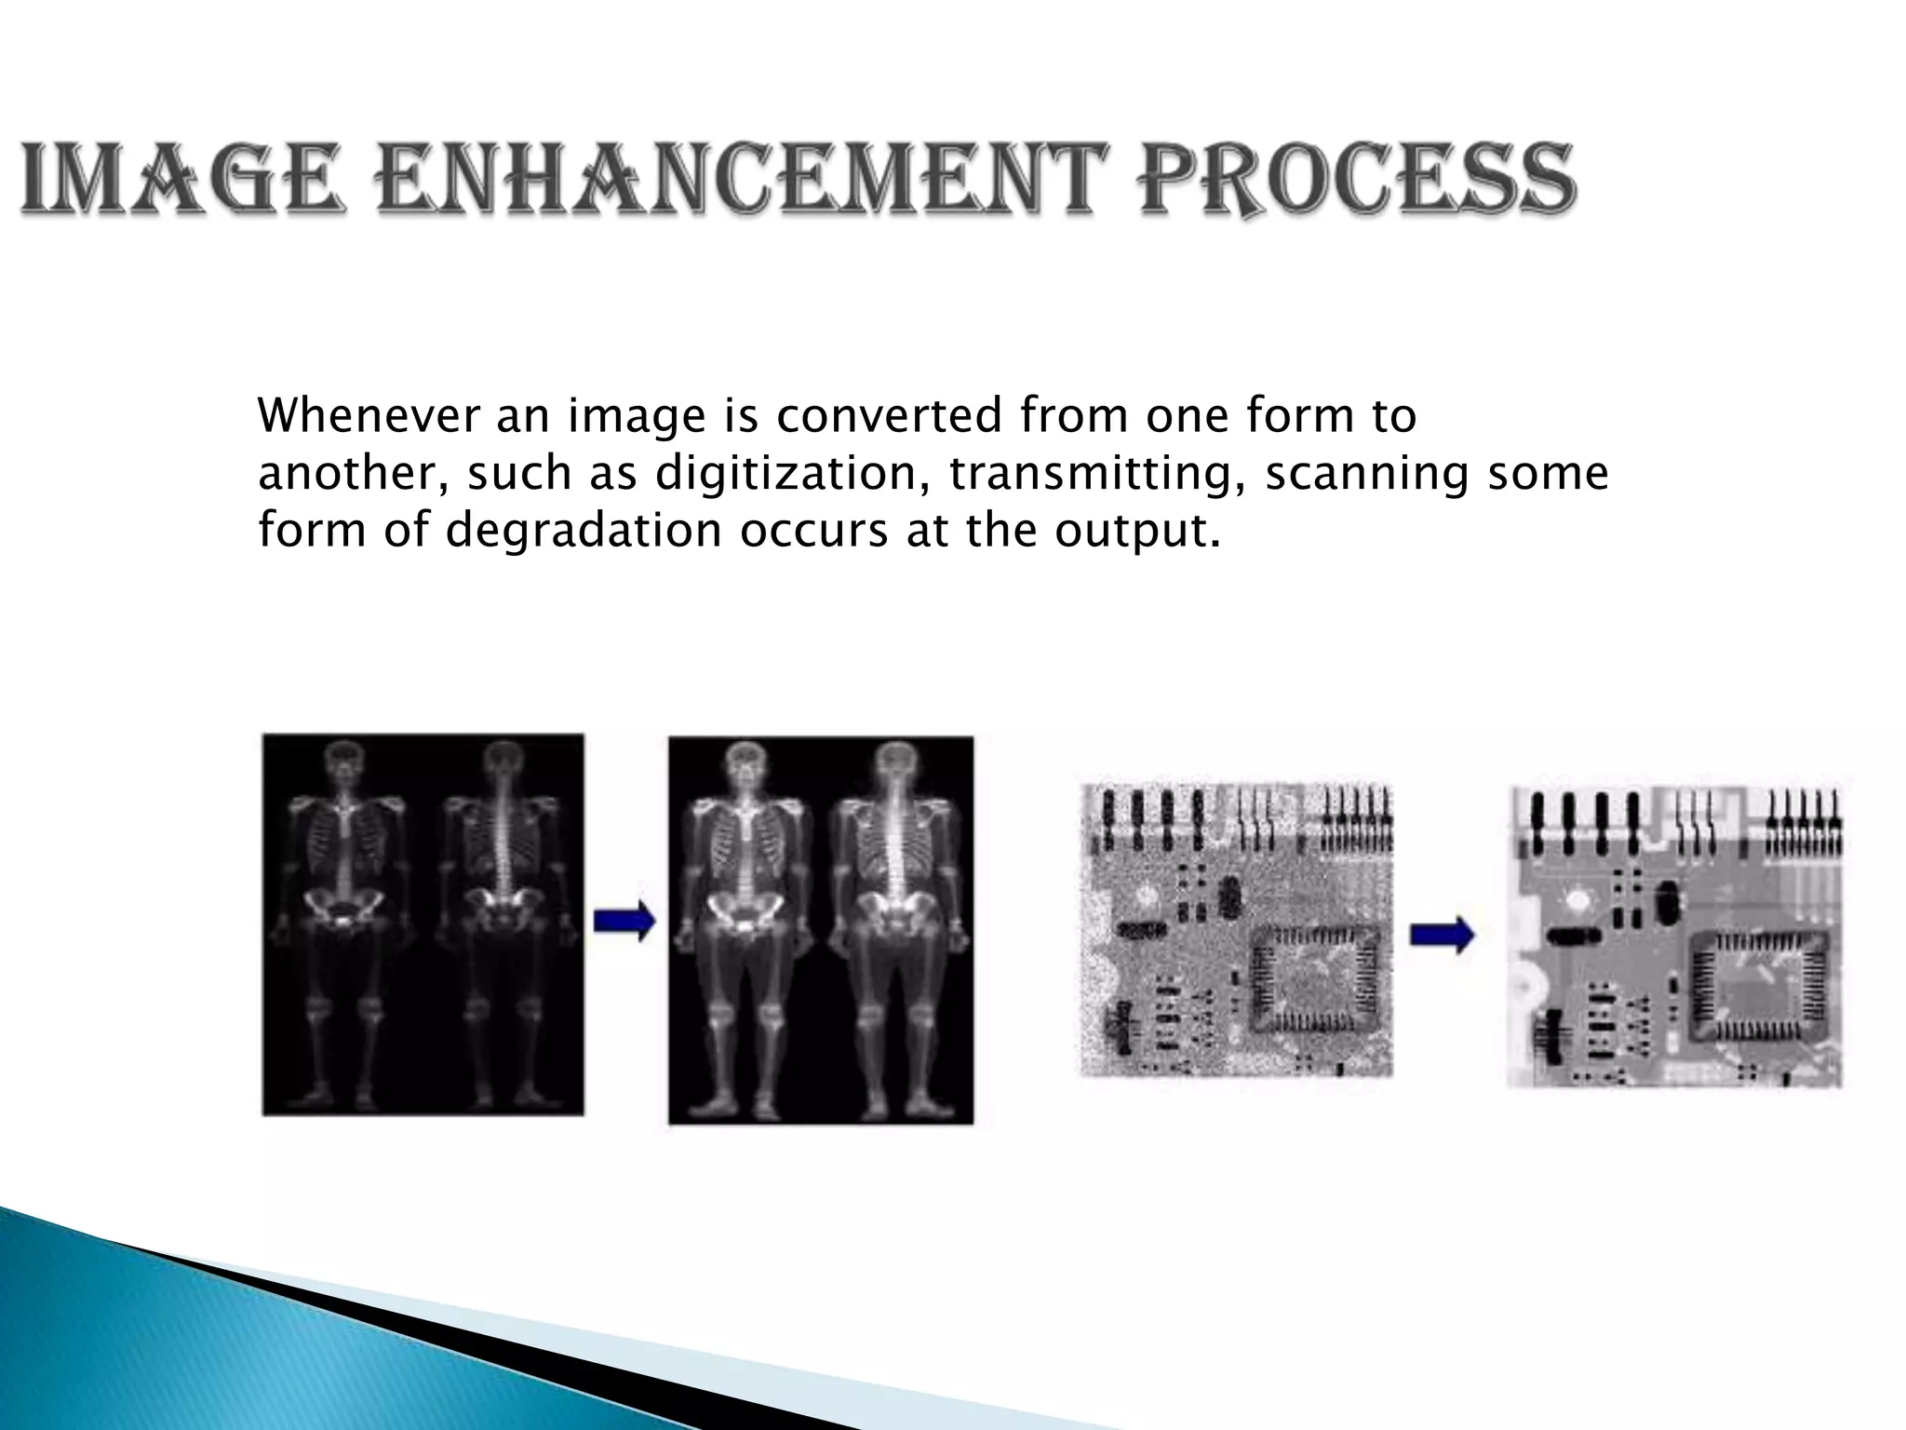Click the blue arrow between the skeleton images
pos(624,923)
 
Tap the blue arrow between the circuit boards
pos(1442,934)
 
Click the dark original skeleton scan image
pos(423,924)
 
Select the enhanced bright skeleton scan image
pos(821,930)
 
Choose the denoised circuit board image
pos(1674,936)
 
